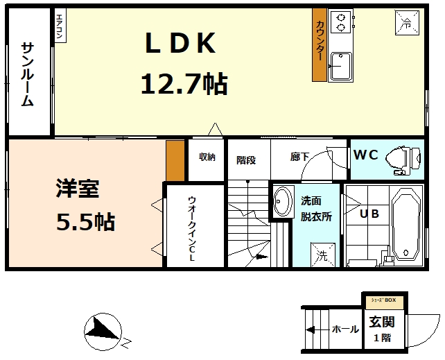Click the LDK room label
coord(180,44)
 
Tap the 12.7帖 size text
coord(184,85)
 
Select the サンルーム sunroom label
coord(28,74)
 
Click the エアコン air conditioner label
coord(60,27)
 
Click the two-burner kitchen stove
coord(340,23)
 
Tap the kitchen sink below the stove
coord(340,67)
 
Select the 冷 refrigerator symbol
coord(407,22)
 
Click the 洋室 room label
coord(77,189)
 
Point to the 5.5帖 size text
coord(85,222)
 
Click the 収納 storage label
coord(207,157)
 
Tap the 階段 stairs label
coord(246,160)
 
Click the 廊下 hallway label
coord(299,157)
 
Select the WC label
coord(365,155)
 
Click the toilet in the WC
coord(402,157)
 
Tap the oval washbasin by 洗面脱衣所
coord(281,202)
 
